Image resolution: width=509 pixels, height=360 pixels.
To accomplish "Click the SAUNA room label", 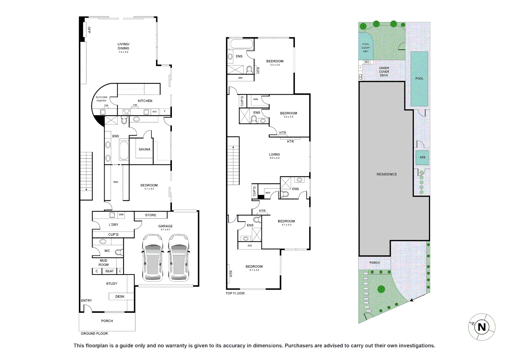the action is (x=144, y=149).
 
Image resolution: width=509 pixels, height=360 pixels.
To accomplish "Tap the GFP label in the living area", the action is (x=89, y=30).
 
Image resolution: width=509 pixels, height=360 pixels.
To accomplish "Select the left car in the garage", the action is (x=153, y=257).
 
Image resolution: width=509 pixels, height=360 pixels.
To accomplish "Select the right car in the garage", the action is (x=179, y=257).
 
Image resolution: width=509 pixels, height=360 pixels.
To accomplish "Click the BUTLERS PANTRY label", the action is (x=102, y=99).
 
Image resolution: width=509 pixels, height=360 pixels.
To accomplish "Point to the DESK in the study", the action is (x=120, y=296).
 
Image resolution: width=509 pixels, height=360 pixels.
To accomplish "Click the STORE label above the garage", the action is (x=151, y=215).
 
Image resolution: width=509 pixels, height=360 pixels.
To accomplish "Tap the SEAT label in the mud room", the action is (x=109, y=271).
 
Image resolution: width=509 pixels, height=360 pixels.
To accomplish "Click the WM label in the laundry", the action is (x=121, y=215).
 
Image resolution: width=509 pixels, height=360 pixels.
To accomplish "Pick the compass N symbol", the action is (x=482, y=327).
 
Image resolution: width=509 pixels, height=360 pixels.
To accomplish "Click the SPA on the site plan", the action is (x=422, y=157).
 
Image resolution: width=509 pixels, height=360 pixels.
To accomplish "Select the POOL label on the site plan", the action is (x=419, y=79).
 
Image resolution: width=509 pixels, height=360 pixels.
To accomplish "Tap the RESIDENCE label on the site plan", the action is (x=386, y=174).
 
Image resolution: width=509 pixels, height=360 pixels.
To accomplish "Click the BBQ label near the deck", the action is (x=367, y=62).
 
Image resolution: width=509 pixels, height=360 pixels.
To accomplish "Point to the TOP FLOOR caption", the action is (x=235, y=293).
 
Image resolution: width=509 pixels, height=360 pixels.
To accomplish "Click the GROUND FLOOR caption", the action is (x=94, y=333).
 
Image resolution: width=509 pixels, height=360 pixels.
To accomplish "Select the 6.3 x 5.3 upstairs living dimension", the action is (x=274, y=158).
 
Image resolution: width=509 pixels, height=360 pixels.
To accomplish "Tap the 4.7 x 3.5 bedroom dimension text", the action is (x=254, y=270).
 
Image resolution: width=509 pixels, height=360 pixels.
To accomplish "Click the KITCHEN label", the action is (x=145, y=101).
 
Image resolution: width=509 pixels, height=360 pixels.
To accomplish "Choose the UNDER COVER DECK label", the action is (x=384, y=72).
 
